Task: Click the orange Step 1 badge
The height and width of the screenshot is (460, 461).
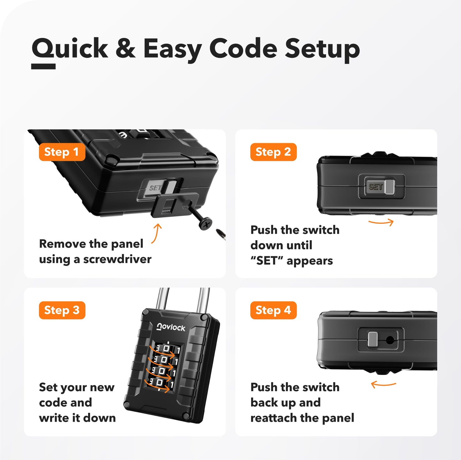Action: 62,152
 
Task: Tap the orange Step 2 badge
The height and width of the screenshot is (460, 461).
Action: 273,152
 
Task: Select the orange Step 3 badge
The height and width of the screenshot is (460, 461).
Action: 62,310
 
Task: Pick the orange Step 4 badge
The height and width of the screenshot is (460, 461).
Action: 273,310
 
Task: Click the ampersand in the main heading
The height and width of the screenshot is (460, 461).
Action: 125,49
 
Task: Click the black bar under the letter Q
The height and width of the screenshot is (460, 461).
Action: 43,66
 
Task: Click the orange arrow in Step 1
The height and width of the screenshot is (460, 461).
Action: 156,233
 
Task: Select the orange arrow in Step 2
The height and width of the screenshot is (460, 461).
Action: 381,222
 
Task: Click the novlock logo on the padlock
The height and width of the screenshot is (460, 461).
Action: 171,327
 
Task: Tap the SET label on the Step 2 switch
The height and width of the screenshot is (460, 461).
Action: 375,187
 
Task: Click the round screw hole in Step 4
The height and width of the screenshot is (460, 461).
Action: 390,340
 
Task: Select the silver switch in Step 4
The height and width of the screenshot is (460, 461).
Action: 373,339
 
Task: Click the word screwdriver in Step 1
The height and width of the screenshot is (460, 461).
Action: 117,259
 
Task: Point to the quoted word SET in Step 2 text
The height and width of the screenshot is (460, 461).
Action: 267,261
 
